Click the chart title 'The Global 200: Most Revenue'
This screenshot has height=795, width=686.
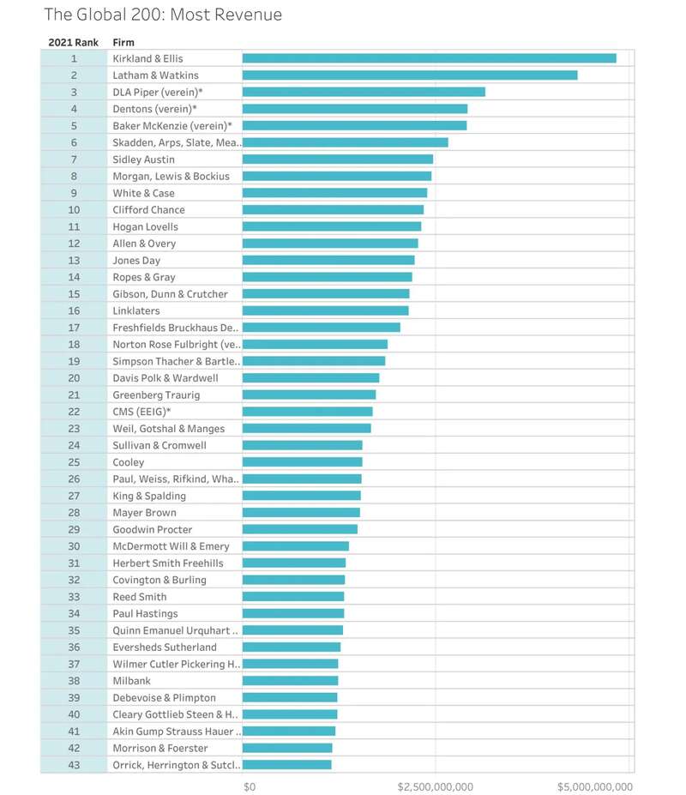(x=163, y=15)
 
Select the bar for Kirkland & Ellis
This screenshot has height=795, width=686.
(x=429, y=58)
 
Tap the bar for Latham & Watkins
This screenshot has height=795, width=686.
(x=410, y=75)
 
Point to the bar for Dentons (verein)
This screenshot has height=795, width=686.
(x=355, y=109)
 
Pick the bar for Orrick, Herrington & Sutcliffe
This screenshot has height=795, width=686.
(x=286, y=765)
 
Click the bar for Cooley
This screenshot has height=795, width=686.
(x=302, y=462)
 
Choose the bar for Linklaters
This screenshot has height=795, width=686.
(x=325, y=310)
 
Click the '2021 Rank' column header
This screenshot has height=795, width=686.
(x=74, y=42)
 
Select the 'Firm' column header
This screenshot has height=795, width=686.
(x=123, y=42)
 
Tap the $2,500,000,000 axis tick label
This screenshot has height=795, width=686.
(x=436, y=786)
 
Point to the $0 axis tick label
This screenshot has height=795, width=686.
(x=250, y=786)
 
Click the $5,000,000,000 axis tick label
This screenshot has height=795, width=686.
(x=595, y=786)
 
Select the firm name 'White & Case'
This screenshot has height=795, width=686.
(x=143, y=193)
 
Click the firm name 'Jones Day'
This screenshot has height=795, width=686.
(x=136, y=261)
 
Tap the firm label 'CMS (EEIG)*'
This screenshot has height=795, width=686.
(x=141, y=412)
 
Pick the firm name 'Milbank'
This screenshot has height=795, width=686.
(x=132, y=681)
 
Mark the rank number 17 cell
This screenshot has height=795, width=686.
(x=74, y=328)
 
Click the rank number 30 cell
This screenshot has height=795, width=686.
(x=74, y=546)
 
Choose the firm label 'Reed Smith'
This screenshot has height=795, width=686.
(x=140, y=597)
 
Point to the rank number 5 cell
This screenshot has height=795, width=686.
(x=74, y=126)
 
